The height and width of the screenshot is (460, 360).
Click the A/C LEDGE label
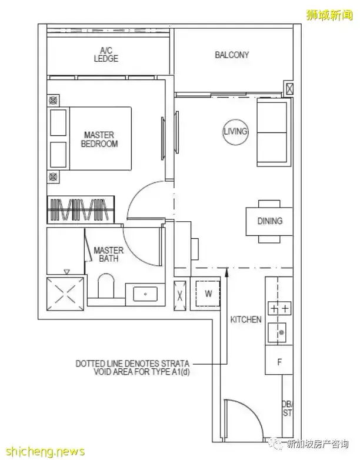106,55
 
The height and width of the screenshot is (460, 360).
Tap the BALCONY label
231,55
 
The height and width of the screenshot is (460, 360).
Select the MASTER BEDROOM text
99,139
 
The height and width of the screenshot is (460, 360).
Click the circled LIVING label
235,132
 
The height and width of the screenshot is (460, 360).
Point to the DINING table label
269,221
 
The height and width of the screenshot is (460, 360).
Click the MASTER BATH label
108,254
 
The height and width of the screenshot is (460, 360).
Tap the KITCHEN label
246,319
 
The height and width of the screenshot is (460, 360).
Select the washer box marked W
208,293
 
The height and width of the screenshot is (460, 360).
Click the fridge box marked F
279,361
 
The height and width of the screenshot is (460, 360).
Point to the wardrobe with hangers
78,210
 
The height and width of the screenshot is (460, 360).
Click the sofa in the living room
272,132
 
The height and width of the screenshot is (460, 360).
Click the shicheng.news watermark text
44,451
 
